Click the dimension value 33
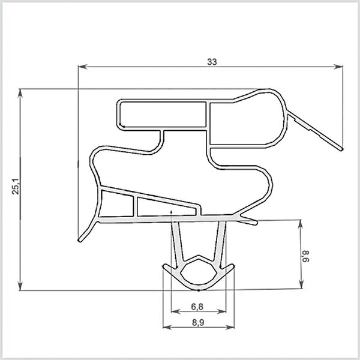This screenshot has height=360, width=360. click(212, 62)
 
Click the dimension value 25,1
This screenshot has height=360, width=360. click(16, 186)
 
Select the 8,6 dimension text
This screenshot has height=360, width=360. click(305, 256)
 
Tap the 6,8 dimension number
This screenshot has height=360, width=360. click(197, 307)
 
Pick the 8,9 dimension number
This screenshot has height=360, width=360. click(198, 323)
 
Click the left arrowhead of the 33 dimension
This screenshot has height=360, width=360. click(82, 67)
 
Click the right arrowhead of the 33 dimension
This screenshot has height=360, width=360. click(338, 67)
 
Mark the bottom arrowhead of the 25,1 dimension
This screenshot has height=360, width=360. click(20, 286)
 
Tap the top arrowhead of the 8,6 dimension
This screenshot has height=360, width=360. click(301, 224)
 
